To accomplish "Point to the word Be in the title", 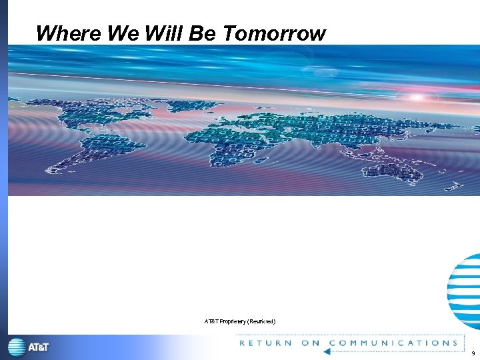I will [200, 33].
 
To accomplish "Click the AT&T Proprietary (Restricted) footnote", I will [240, 321].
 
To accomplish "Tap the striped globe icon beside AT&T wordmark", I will [17, 347].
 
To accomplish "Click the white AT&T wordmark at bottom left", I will [38, 347].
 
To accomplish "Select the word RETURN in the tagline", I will [265, 343].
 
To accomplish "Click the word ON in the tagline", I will [311, 343].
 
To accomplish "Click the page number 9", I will [473, 353].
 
